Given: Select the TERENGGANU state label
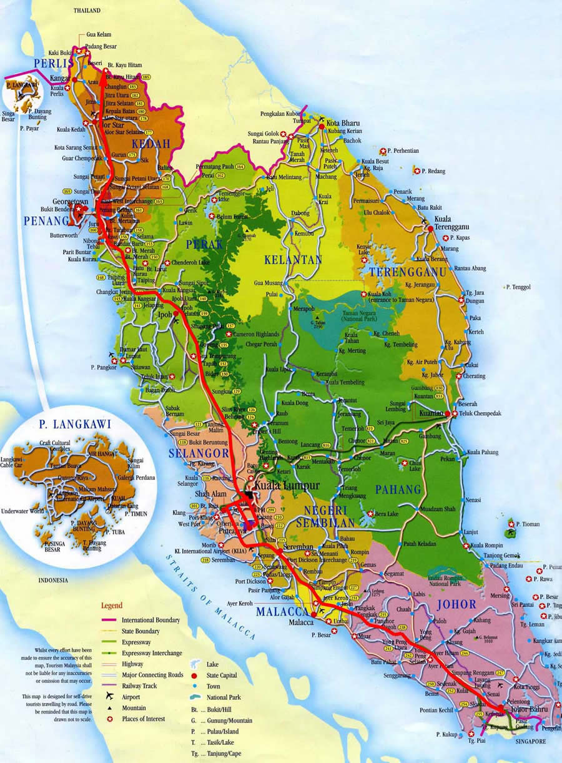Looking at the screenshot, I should point(407,272).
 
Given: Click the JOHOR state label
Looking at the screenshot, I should point(457,604).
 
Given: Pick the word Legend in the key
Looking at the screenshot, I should point(112,605).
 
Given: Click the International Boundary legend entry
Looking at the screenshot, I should point(150,620).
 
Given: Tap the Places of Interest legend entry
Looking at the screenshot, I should point(144,719).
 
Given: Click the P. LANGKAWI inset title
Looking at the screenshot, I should point(76,425).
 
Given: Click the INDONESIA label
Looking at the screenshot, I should point(53,580).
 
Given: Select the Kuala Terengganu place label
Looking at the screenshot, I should point(443,223).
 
